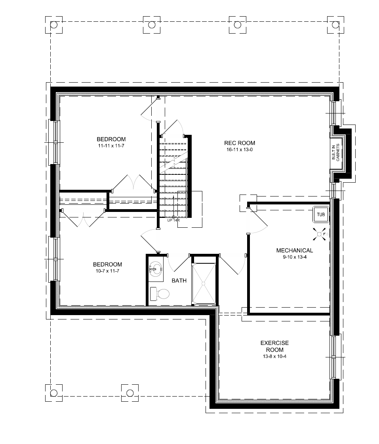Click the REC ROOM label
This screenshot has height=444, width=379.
(x=240, y=143)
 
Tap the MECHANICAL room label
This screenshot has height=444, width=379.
(x=294, y=250)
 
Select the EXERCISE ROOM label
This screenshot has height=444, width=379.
(x=274, y=346)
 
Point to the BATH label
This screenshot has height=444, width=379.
(x=179, y=281)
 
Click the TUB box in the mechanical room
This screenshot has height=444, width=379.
(x=320, y=215)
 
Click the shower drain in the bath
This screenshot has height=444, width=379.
(x=204, y=283)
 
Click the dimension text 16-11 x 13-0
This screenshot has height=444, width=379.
(x=240, y=150)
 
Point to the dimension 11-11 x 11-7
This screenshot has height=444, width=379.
(x=111, y=145)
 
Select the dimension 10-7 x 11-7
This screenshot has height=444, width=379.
(x=107, y=271)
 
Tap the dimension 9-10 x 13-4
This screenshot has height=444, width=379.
(x=294, y=257)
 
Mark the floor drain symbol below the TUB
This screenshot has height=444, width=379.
(x=319, y=234)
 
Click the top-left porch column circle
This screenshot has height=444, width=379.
(x=54, y=25)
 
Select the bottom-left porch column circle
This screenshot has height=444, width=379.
(x=54, y=393)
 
